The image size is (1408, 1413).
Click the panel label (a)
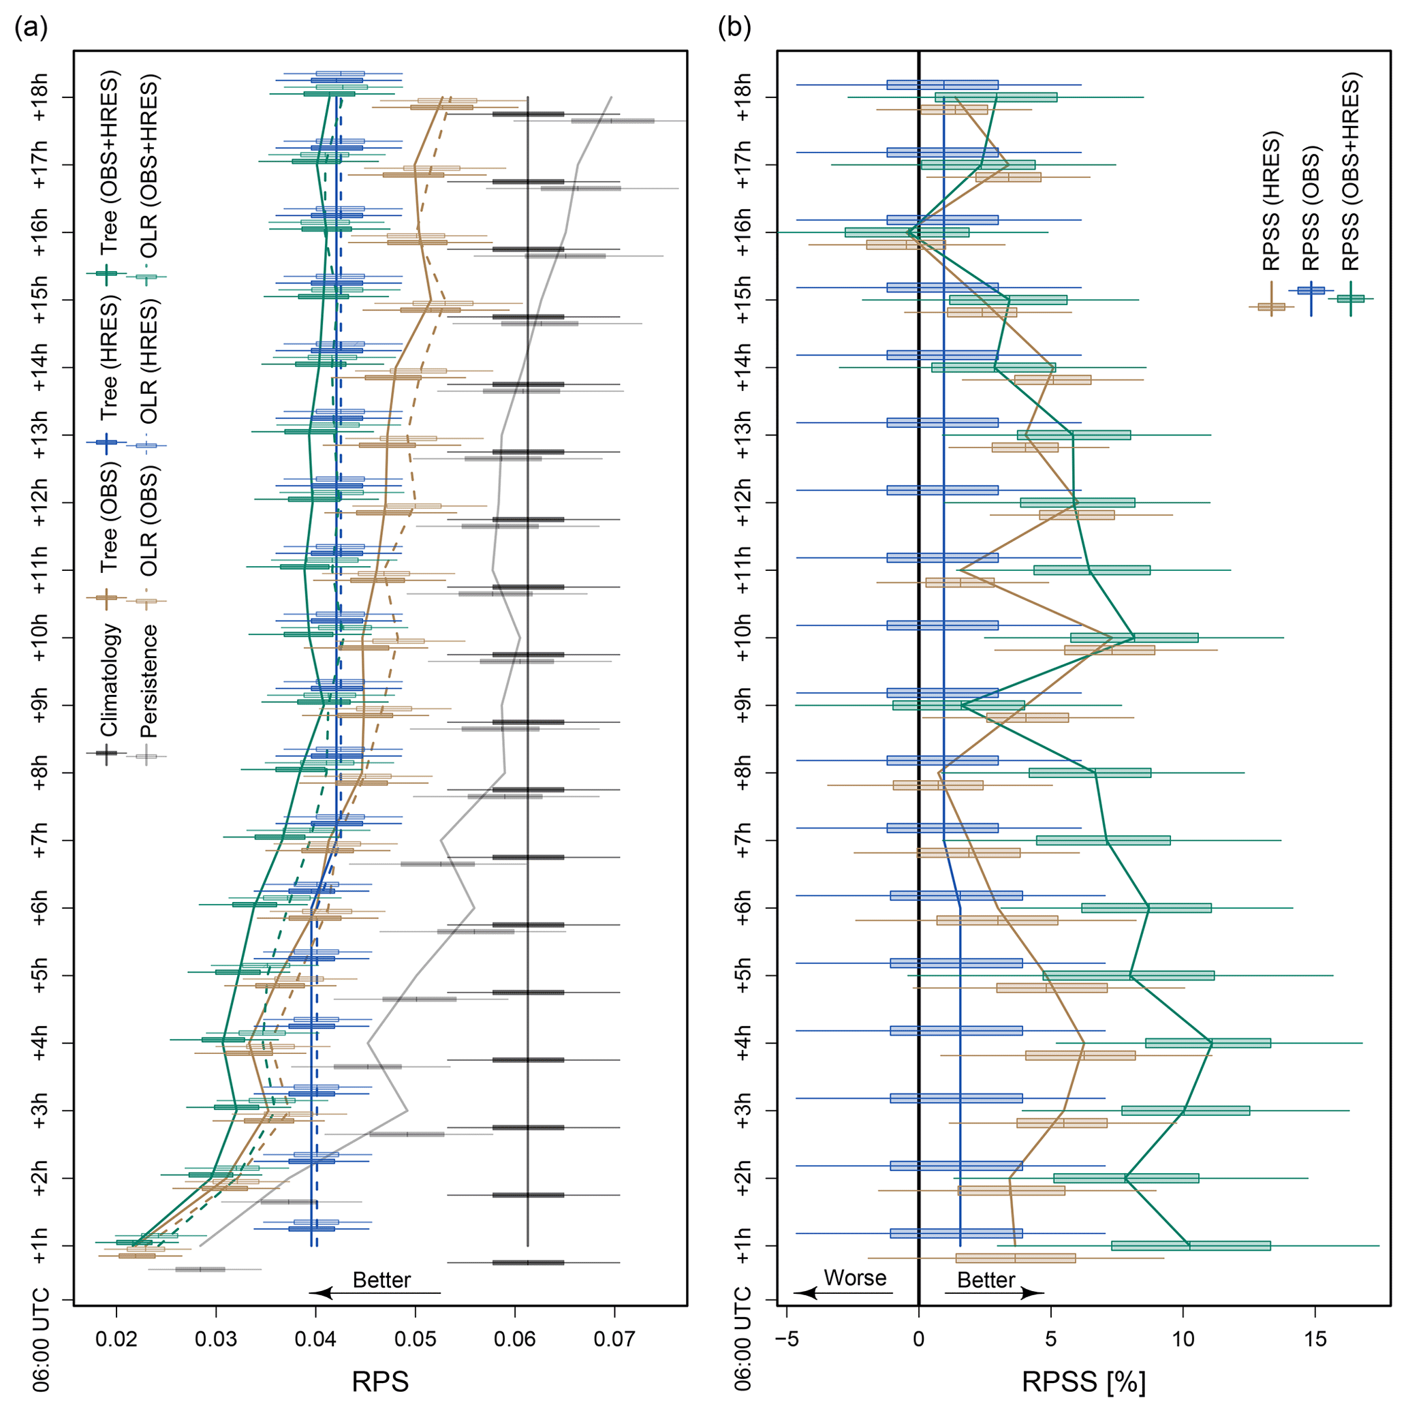[31, 29]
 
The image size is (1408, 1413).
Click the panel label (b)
[734, 29]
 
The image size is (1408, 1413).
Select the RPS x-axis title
[379, 1382]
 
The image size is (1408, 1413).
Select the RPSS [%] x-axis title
[1083, 1382]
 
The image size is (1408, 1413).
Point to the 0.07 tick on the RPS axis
[614, 1340]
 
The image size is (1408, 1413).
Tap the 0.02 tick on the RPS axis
[117, 1340]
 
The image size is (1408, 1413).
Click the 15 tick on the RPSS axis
[1315, 1340]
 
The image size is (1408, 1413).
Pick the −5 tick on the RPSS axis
[786, 1340]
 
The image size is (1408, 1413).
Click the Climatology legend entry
[109, 679]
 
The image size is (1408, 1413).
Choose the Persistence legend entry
[148, 681]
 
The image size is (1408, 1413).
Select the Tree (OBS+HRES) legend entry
[109, 161]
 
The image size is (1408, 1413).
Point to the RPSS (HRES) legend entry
[1272, 201]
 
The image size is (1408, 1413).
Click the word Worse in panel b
[854, 1277]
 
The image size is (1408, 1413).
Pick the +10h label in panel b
[742, 638]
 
